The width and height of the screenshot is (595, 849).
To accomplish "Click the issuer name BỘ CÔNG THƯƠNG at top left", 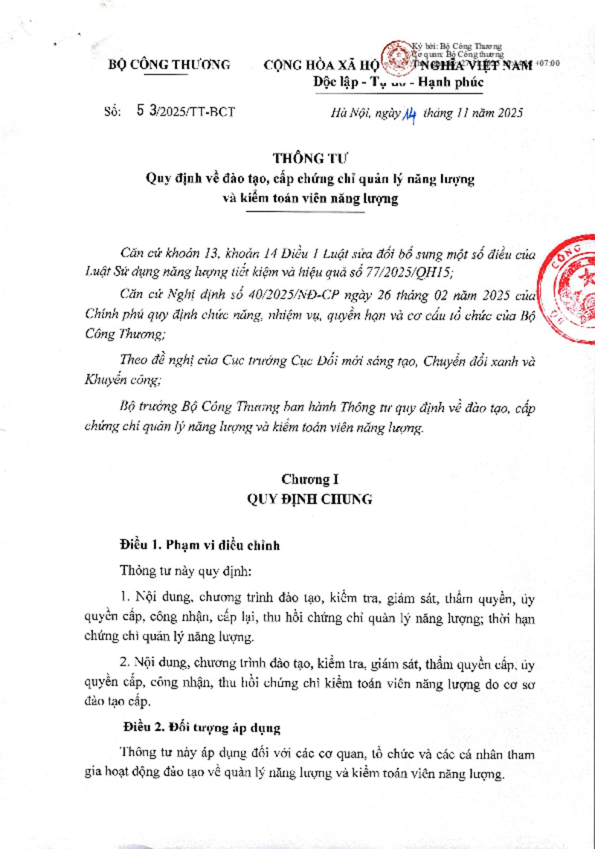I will (x=170, y=65).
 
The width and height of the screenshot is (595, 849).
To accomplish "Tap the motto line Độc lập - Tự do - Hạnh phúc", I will (x=399, y=82).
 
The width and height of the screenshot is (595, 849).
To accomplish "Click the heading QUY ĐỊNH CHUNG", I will (x=310, y=499).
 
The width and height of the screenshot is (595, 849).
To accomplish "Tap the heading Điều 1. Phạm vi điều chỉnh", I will (x=200, y=545).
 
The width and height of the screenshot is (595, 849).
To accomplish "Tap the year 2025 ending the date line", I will (x=509, y=113).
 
